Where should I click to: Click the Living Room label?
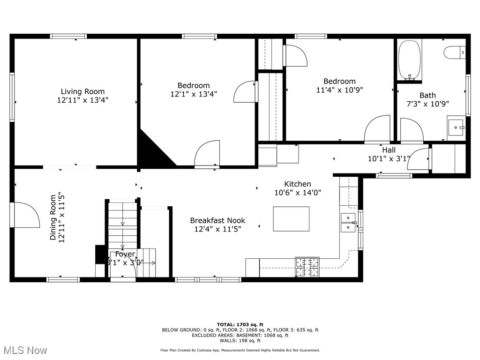coord(82,91)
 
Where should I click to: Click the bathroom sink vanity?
coord(456,127)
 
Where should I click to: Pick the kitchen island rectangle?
coord(291,218)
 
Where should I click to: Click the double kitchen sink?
coord(348,223)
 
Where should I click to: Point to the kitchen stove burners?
coord(307,267)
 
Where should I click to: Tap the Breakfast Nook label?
coord(217,220)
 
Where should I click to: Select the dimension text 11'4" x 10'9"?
coord(339,90)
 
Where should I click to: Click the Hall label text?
coord(389,150)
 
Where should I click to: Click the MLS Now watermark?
coord(24,350)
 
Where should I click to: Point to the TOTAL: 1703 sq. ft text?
coord(240,324)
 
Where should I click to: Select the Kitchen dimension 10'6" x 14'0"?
coord(298,192)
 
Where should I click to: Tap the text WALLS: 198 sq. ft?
coord(240,341)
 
